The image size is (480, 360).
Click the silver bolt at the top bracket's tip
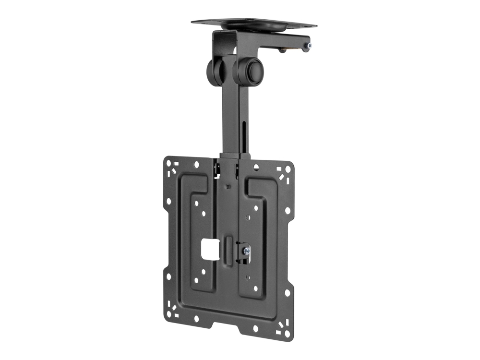pyautogui.click(x=309, y=46)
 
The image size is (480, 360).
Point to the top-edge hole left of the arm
pyautogui.click(x=197, y=165)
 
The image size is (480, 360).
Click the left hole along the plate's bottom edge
pyautogui.click(x=197, y=320)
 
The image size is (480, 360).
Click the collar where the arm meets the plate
pyautogui.click(x=235, y=156)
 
